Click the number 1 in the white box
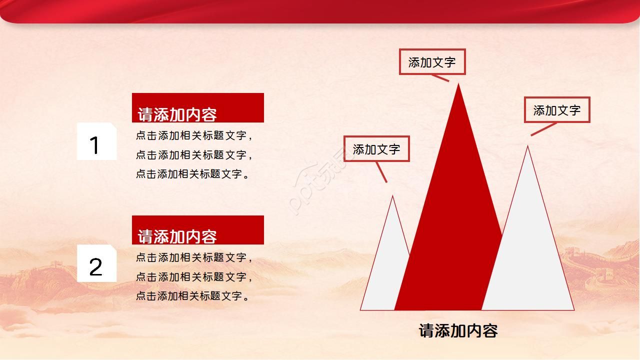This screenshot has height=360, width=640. point(94,145)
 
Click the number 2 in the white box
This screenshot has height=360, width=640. point(95,267)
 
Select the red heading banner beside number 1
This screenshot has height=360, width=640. point(197,107)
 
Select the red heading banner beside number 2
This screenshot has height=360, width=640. point(197,230)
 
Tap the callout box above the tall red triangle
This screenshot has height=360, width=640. point(432,62)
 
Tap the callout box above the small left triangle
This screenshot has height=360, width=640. point(376,149)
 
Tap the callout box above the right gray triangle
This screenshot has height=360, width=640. point(557,110)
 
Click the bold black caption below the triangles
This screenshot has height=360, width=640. point(458,330)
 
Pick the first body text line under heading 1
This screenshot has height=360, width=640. point(194,135)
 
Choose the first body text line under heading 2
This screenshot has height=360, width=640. point(194,257)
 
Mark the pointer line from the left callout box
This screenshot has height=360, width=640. point(381,172)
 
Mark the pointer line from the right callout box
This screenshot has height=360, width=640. point(543,129)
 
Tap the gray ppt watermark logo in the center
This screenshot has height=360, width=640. point(320,185)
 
